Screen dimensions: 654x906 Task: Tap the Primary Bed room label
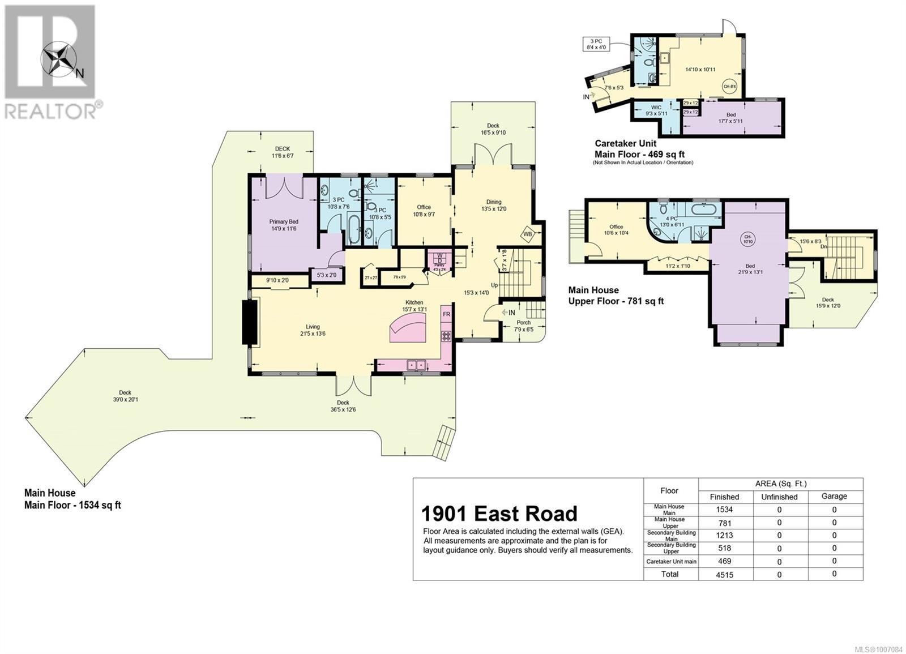tap(284, 225)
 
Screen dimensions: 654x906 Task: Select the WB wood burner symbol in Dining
tap(527, 233)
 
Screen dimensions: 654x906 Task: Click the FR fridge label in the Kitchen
tap(446, 314)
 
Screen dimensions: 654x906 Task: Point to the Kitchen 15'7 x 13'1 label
tap(414, 306)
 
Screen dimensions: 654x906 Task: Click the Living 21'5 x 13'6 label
tap(313, 330)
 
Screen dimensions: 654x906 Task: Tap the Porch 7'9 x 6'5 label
tap(524, 326)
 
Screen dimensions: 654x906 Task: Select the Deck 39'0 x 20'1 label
tap(125, 396)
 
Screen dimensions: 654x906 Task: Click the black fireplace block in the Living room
tap(250, 322)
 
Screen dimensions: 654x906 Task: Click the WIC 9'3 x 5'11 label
tap(656, 110)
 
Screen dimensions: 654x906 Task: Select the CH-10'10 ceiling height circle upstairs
tap(749, 239)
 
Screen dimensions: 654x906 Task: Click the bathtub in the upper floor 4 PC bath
tap(704, 210)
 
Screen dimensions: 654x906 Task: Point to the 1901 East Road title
tap(499, 514)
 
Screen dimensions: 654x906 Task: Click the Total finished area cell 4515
tap(724, 574)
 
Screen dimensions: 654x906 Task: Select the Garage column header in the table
tap(834, 496)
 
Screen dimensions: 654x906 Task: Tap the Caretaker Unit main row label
tap(672, 562)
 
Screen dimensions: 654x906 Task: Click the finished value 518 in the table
tap(724, 548)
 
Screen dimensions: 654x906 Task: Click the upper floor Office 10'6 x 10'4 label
tap(616, 229)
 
